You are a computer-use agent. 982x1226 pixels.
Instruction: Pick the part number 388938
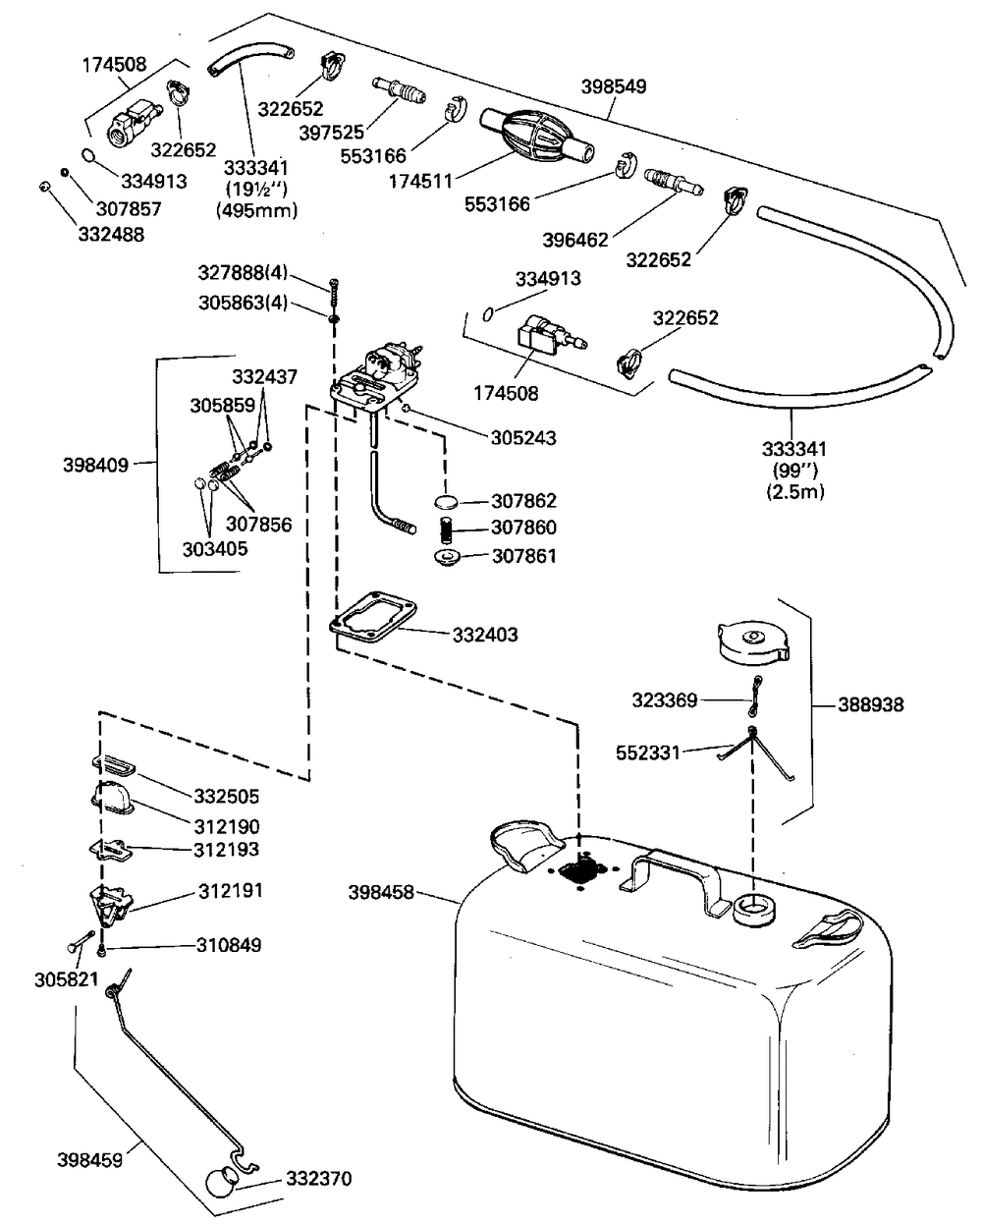pyautogui.click(x=871, y=704)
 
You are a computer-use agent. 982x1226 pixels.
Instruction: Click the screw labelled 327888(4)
pyautogui.click(x=334, y=291)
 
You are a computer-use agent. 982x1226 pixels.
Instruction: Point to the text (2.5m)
pyautogui.click(x=795, y=491)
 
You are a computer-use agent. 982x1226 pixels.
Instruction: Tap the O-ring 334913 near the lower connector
pyautogui.click(x=489, y=313)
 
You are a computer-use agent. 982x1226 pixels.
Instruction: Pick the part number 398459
pyautogui.click(x=88, y=1160)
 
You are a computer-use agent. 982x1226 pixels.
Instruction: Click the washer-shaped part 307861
pyautogui.click(x=447, y=559)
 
